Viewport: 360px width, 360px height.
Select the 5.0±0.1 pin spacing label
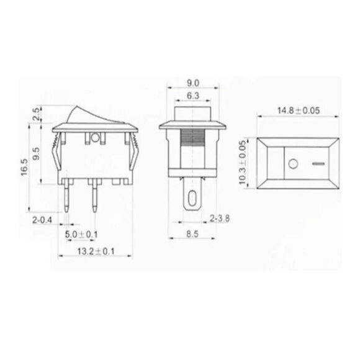click(x=80, y=233)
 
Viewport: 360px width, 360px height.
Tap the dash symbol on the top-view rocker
click(x=318, y=165)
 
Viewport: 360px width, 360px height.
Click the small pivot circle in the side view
click(x=95, y=137)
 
